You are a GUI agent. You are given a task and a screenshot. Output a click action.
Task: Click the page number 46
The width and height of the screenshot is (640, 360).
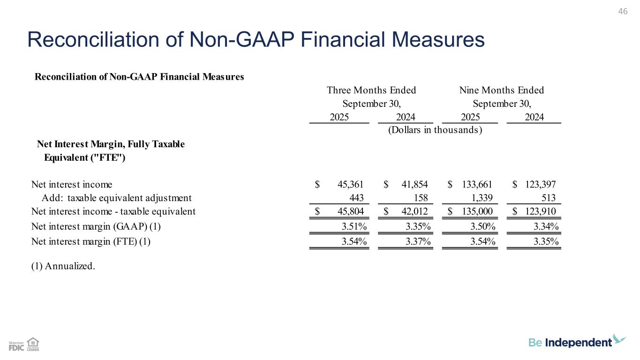(623, 11)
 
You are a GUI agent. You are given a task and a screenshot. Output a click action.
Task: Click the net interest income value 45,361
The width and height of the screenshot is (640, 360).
(350, 185)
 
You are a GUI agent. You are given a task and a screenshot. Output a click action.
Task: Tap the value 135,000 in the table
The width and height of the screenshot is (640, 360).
(476, 211)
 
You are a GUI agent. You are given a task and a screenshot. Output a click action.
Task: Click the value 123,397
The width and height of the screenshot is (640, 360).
(540, 185)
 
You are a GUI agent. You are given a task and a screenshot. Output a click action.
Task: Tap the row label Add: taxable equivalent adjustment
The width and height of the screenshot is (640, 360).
(117, 198)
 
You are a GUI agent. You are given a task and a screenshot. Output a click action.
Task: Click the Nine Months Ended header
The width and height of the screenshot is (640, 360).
(502, 90)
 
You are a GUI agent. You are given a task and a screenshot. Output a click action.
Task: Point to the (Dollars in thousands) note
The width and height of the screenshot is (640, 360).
(435, 130)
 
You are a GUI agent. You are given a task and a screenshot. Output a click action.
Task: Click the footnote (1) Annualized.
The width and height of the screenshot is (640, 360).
(63, 266)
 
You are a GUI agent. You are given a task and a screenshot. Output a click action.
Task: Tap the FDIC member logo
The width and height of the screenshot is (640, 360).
(16, 346)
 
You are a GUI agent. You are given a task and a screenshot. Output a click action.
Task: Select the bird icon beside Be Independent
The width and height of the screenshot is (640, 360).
(619, 339)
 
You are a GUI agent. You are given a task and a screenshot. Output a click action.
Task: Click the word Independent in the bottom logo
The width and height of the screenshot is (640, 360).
(579, 343)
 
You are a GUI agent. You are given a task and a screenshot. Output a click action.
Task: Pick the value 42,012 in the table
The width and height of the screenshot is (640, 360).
(414, 211)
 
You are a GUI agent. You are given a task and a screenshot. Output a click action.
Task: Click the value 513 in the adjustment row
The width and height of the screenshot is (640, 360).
(548, 198)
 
